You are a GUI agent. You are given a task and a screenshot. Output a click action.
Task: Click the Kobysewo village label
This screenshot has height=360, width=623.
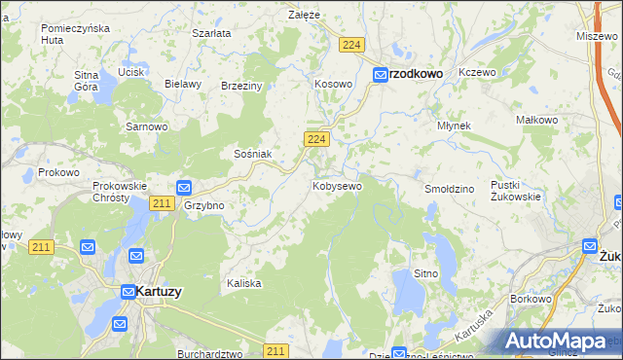(337, 185)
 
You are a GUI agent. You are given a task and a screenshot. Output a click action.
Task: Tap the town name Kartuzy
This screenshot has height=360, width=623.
(160, 291)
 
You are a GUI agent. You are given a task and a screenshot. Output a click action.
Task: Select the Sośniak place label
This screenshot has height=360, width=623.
(251, 154)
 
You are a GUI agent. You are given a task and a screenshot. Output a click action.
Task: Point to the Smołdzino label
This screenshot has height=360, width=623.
(450, 187)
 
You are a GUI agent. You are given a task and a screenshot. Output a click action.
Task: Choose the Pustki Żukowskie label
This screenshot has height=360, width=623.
(516, 190)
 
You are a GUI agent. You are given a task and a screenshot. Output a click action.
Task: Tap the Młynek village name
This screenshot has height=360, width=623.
(454, 126)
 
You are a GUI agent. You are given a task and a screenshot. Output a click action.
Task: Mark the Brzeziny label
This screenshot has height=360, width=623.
(242, 86)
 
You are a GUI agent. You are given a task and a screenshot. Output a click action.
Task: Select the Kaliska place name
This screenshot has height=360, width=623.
(244, 283)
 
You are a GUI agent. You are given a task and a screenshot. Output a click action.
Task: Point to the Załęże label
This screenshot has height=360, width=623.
(305, 15)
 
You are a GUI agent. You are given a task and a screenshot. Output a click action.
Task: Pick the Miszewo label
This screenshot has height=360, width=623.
(597, 35)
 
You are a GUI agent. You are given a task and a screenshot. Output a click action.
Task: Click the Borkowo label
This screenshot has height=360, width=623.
(531, 300)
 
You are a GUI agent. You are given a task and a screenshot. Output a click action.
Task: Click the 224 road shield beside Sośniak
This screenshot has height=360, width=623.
(313, 140)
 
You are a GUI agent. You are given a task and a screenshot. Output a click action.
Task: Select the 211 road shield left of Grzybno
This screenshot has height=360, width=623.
(163, 203)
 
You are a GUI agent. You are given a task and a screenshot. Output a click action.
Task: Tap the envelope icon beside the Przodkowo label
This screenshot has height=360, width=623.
(383, 73)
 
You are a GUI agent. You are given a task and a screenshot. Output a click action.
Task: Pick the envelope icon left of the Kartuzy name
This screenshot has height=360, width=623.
(128, 291)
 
